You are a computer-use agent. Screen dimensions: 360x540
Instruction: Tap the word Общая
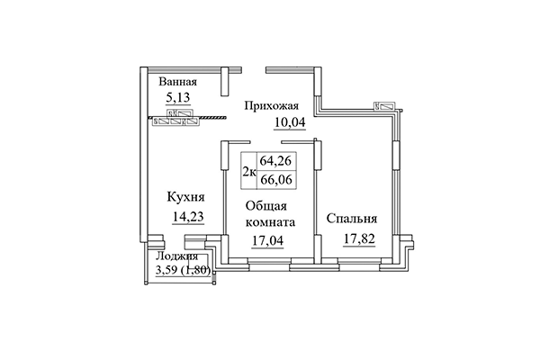[265, 206]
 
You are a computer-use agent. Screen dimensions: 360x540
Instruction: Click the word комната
[273, 222]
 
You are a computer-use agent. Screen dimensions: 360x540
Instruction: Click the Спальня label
[352, 220]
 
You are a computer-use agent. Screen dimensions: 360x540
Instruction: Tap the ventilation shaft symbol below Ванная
[175, 119]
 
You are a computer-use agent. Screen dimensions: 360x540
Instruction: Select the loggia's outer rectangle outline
[183, 282]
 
